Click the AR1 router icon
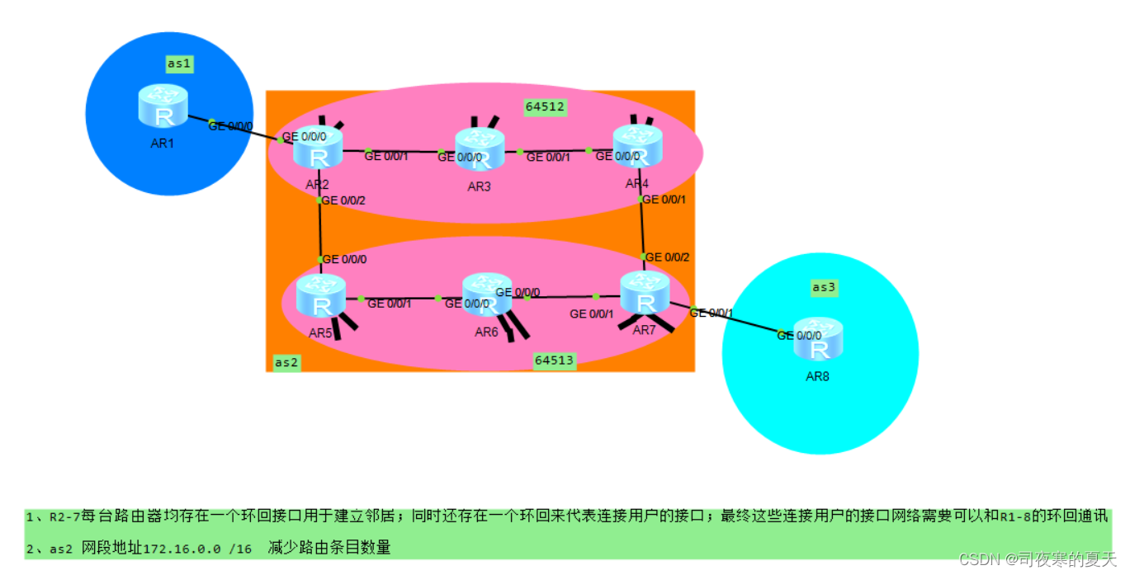click(x=163, y=106)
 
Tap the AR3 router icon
click(x=480, y=149)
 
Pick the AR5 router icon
click(x=320, y=296)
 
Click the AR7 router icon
click(x=645, y=293)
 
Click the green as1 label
click(x=179, y=64)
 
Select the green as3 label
click(x=824, y=287)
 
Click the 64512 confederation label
click(x=545, y=106)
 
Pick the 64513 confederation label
click(x=554, y=360)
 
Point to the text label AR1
click(x=163, y=143)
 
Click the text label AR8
click(x=817, y=377)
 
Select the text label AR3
click(x=479, y=186)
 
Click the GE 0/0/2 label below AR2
click(x=343, y=200)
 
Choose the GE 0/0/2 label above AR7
click(x=667, y=257)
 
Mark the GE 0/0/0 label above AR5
click(x=344, y=259)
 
